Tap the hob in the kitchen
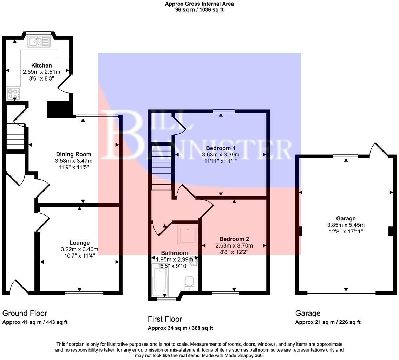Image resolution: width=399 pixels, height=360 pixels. pos(13,94)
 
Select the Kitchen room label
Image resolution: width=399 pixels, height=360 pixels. pos(41,65)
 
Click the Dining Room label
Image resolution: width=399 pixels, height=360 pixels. pos(73,154)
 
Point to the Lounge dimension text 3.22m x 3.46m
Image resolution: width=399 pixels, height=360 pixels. pos(79,249)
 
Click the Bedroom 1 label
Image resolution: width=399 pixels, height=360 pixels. pos(221,148)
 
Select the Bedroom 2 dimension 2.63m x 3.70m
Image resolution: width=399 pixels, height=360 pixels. pos(234,245)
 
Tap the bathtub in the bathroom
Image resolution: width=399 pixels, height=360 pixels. pos(160,280)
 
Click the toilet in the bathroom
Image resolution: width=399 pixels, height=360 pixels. pos(189,283)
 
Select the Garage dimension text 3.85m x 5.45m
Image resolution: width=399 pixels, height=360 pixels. pos(346,225)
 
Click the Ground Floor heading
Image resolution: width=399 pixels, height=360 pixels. pos(25,313)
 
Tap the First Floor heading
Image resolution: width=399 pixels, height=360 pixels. pos(165,319)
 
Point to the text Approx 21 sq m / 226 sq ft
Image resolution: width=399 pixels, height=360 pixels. pos(328,322)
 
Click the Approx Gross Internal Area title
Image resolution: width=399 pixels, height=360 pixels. pos(199,4)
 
